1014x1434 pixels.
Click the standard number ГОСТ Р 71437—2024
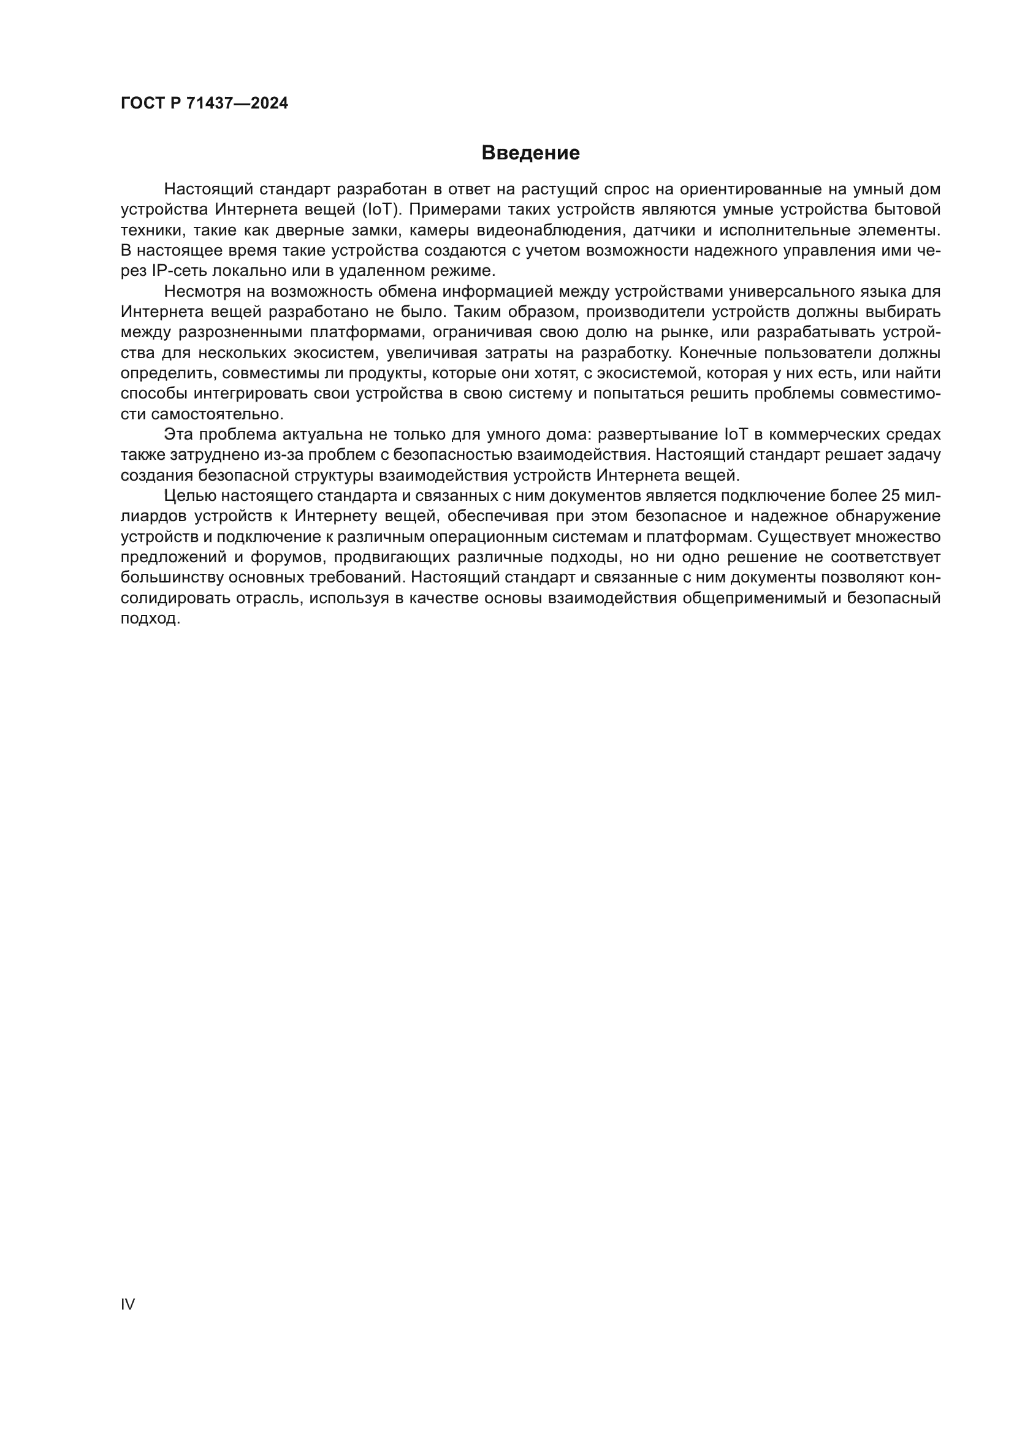pyautogui.click(x=204, y=104)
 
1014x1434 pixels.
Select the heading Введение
pyautogui.click(x=530, y=153)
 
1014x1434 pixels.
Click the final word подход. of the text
pyautogui.click(x=150, y=619)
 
